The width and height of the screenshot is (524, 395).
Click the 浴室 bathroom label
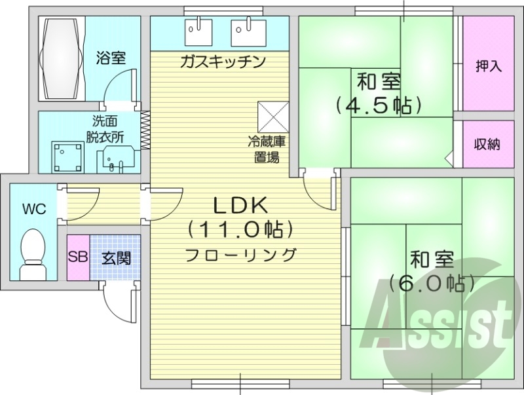pos(111,58)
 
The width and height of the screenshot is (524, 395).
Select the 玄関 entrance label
pos(116,257)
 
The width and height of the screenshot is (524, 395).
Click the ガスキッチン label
pos(223,62)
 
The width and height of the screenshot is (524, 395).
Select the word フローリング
pos(240,254)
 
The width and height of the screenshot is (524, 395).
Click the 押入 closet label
pos(488,66)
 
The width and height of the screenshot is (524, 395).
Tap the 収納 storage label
pos(487,144)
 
